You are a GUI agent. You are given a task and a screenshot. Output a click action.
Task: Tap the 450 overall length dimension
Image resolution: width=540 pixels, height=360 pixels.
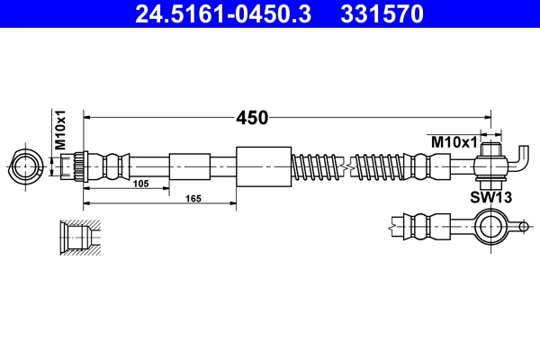[252, 118]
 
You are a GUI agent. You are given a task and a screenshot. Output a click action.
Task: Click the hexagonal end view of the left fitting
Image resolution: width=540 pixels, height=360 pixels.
[25, 166]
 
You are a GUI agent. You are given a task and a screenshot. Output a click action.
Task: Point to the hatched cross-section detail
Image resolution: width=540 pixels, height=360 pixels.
[77, 238]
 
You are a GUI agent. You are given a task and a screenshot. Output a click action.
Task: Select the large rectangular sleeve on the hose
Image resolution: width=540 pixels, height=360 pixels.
[264, 166]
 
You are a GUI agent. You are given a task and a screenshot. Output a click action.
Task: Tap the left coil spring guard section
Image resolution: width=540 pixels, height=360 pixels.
[318, 166]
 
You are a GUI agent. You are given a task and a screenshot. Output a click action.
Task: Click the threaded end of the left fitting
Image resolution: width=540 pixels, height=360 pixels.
[76, 166]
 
